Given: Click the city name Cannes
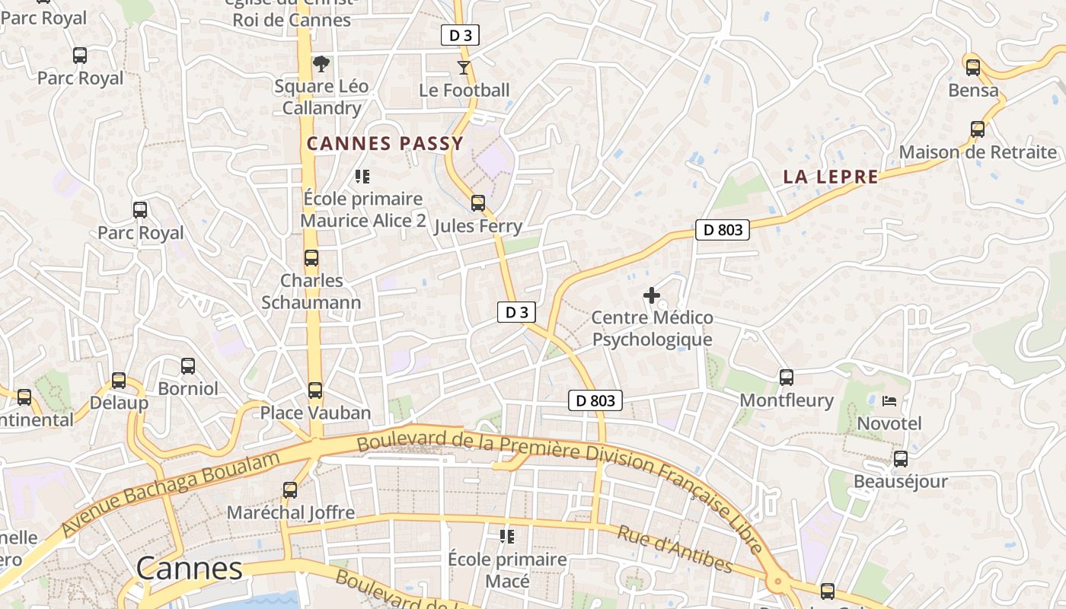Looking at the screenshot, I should pos(190,569).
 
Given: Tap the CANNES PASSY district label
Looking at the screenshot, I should pos(385,143).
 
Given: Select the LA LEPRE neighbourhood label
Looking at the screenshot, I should pos(831,177).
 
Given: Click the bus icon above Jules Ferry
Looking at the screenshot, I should pos(478,203).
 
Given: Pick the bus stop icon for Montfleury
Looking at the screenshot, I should pos(787,377).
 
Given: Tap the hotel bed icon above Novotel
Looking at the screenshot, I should pos(889,400).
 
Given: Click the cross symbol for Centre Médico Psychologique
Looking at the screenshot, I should pos(652,295).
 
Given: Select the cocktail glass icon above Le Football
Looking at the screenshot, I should pos(464,68).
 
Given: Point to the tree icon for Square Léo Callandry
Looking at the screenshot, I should pos(321,63).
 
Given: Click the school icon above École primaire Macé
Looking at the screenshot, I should pos(507,537).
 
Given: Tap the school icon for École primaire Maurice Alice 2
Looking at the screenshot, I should pos(362,177).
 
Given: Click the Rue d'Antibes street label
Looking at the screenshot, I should pos(675,549).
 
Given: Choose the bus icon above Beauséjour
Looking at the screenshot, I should pos(901,459).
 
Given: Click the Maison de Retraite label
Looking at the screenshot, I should pos(978,152).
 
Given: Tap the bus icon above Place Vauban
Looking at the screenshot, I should pos(315,391).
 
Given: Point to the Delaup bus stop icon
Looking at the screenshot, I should pos(119,381).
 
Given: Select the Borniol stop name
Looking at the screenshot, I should pos(188,388).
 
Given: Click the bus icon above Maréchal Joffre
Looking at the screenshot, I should pos(290,490).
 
